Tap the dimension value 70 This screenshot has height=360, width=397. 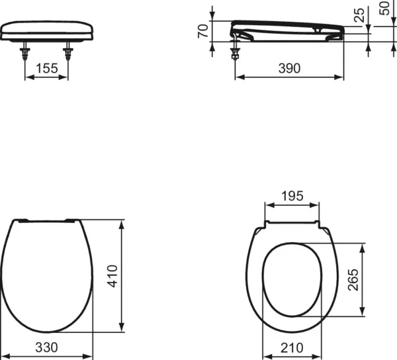click(204, 30)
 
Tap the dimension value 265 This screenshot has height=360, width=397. click(353, 280)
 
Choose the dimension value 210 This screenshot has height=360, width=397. click(292, 347)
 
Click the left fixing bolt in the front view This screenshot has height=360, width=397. click(25, 53)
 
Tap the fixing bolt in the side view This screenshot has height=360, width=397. click(235, 52)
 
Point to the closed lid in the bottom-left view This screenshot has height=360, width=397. click(46, 275)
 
